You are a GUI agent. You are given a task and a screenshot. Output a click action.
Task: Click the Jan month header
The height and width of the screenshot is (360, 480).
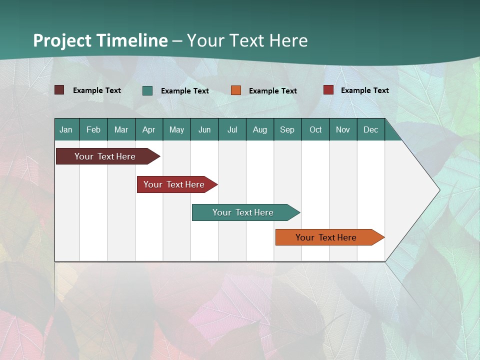tap(66, 129)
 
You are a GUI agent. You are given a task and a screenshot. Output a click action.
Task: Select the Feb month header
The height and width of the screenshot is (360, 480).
tap(93, 129)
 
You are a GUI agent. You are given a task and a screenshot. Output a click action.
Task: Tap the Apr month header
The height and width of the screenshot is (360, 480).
tap(148, 129)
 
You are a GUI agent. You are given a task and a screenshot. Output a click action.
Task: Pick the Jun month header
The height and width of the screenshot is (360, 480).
tap(204, 129)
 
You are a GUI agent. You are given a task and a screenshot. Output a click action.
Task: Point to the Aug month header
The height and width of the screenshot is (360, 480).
tap(259, 129)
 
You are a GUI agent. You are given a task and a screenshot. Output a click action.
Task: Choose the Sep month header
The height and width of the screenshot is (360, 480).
tap(287, 129)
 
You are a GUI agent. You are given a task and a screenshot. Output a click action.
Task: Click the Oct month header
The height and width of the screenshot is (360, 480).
tap(315, 129)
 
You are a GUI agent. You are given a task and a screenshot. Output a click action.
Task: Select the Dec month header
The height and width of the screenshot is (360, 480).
tap(370, 129)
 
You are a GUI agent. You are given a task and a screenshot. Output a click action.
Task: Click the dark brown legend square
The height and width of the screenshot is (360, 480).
tap(59, 90)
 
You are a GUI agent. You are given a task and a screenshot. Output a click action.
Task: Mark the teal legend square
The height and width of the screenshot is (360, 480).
tap(147, 90)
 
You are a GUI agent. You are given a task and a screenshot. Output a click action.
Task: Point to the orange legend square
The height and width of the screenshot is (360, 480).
tap(236, 90)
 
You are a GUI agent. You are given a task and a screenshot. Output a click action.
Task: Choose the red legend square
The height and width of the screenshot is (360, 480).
tap(328, 90)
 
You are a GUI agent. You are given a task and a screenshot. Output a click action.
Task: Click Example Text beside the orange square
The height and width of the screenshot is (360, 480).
tap(272, 90)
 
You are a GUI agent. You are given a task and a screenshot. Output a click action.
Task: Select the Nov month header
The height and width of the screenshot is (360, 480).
tap(342, 129)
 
